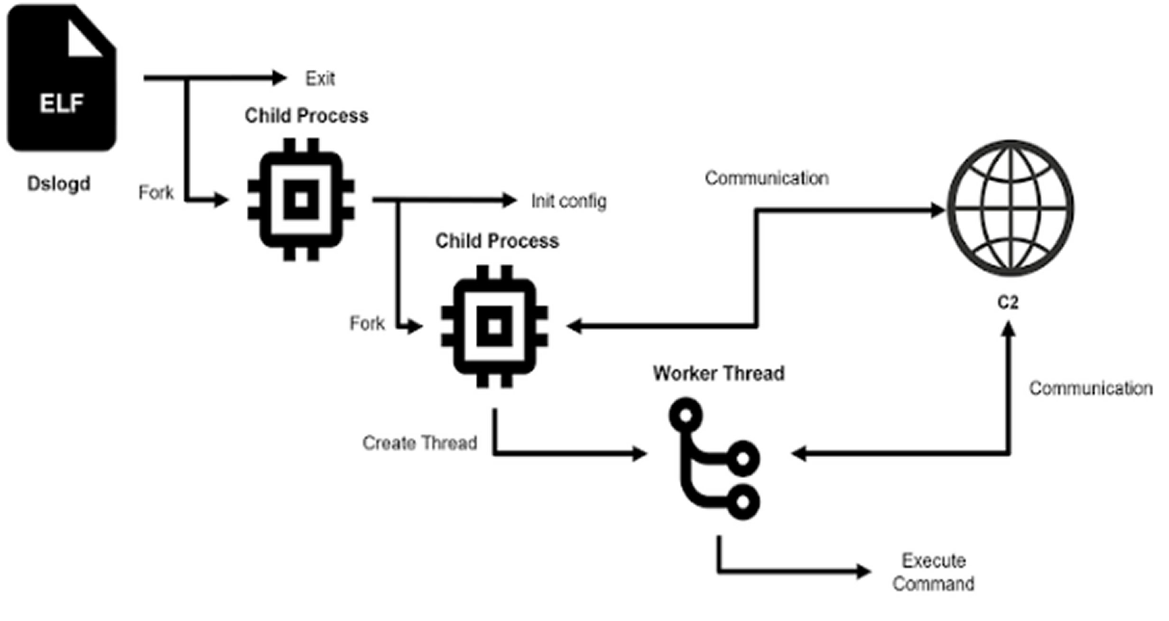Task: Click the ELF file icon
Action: (x=62, y=78)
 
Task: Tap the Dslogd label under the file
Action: (x=59, y=184)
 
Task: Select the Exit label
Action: (x=320, y=79)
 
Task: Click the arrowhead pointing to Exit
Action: (x=279, y=78)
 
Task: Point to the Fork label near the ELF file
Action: (x=156, y=193)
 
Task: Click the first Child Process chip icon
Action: (x=301, y=200)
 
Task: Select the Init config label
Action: (x=568, y=201)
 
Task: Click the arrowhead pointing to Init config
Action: (x=510, y=200)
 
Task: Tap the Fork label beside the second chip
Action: (x=367, y=324)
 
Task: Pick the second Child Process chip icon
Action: (x=494, y=326)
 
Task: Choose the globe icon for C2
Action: (x=1011, y=208)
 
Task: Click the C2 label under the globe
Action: (x=1008, y=303)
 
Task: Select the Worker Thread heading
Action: (x=718, y=373)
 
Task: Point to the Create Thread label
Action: (x=419, y=443)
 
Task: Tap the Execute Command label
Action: (x=933, y=572)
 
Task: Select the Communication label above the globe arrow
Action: (x=767, y=178)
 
